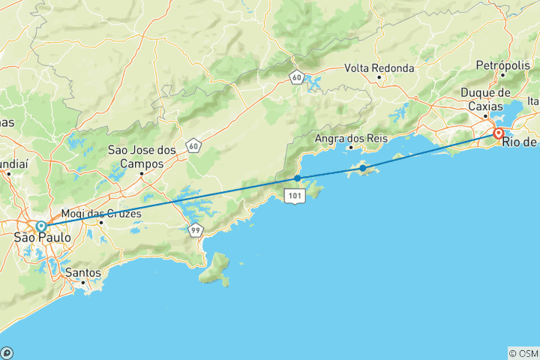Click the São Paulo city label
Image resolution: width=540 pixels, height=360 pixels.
click(43, 238)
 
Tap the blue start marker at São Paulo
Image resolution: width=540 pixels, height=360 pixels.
click(40, 226)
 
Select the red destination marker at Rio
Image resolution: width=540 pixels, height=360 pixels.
click(498, 133)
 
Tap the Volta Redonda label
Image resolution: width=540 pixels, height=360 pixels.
click(379, 67)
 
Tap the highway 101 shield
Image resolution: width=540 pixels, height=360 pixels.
click(293, 195)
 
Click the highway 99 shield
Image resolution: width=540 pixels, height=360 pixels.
click(196, 231)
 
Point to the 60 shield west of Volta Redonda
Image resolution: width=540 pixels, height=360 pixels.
click(298, 76)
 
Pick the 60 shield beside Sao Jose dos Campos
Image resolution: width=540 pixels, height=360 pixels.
click(195, 145)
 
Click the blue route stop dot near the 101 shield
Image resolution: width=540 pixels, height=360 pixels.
click(298, 178)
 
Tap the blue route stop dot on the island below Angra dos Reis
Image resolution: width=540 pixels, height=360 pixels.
click(362, 168)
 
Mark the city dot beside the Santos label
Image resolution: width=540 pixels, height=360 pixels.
click(83, 282)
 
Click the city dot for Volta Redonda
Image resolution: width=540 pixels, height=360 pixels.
click(379, 77)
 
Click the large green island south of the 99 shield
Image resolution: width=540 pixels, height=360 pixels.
click(216, 269)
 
